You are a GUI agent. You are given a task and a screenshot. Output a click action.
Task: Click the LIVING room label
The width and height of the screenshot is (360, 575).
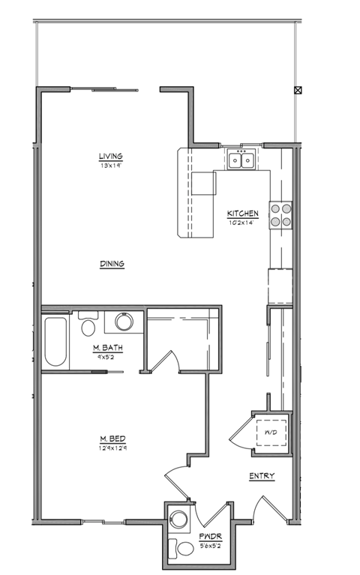pos(110,156)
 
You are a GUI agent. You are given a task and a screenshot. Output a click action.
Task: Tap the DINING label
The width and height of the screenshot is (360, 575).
pos(111,264)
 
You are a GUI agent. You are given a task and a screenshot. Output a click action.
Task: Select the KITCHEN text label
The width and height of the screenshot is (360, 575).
pos(243,214)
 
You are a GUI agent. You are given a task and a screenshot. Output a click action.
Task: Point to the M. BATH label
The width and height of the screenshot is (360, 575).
pos(107,349)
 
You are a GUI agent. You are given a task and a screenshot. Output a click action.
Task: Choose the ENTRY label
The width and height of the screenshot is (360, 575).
pos(261,476)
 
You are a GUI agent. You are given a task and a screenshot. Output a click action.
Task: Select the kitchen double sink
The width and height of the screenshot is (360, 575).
pos(241,160)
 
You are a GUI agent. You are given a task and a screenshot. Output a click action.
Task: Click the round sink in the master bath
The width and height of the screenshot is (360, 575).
pos(123,323)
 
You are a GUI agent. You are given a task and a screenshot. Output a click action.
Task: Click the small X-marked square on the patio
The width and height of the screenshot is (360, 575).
pos(298,91)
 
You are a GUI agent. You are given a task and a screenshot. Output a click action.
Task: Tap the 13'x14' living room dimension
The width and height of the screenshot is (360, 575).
pos(110,165)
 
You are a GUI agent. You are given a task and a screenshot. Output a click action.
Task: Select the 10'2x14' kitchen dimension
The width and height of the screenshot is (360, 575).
pos(243,223)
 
